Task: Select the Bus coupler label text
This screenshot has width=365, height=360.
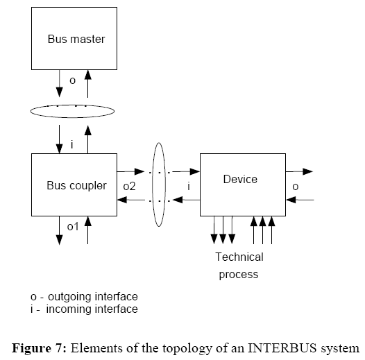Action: (x=76, y=185)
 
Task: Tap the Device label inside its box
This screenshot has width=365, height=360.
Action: (x=240, y=179)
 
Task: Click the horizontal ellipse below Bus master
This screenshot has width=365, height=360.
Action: (x=72, y=111)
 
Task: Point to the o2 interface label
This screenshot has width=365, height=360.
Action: (x=129, y=186)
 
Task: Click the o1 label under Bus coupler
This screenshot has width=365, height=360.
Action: (x=72, y=227)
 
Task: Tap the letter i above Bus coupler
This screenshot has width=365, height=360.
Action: (x=72, y=144)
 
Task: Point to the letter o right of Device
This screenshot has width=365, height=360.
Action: (x=295, y=186)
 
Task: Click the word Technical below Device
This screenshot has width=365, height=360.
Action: (x=239, y=257)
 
